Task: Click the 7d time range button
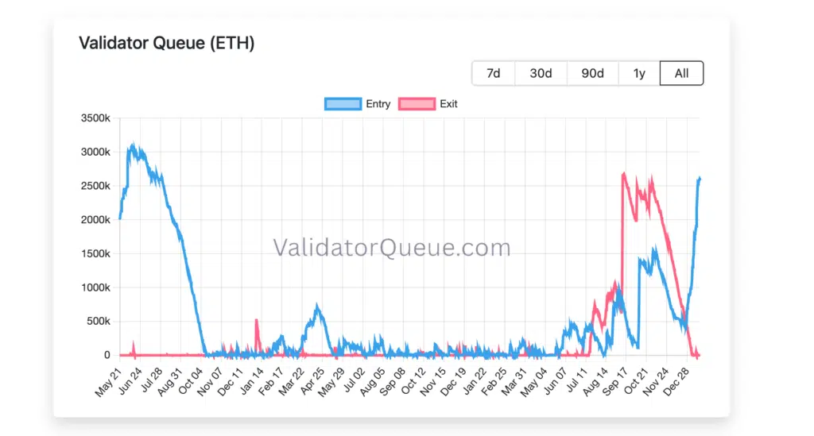494,73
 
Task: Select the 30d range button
541,73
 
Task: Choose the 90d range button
592,73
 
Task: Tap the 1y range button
639,73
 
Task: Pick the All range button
681,73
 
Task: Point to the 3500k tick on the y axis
95,118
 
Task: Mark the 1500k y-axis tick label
95,253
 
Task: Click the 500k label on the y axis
98,322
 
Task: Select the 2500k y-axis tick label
95,186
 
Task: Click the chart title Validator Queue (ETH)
167,43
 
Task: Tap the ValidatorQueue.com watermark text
392,248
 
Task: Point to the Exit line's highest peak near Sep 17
624,173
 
